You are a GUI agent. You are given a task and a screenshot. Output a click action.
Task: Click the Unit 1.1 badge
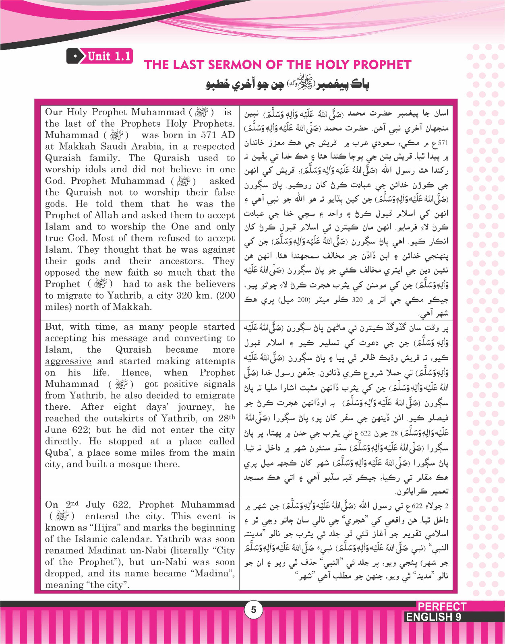pos(100,56)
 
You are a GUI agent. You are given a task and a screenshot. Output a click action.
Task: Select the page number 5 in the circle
pos(253,610)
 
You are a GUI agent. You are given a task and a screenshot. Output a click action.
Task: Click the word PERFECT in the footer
pos(441,607)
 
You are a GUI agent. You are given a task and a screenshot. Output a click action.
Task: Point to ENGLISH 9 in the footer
pos(433,617)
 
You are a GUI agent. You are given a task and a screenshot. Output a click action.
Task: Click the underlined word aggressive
pos(68,361)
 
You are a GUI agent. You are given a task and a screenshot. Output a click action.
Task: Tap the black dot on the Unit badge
pos(75,56)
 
